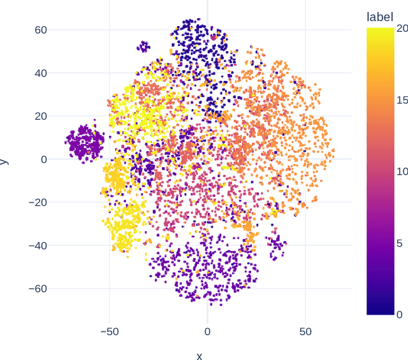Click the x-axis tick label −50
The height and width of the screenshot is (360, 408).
(x=110, y=332)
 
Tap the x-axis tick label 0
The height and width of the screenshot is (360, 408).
(x=207, y=332)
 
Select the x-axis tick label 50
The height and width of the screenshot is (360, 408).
(x=305, y=332)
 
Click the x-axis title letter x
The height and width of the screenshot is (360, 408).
(x=199, y=356)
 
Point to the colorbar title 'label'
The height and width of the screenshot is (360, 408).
(x=379, y=17)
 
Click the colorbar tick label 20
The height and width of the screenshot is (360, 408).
(x=402, y=28)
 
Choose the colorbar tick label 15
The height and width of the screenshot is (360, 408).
(x=402, y=99)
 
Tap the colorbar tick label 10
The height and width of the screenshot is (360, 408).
(x=402, y=171)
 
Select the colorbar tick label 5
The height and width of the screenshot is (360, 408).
(x=399, y=243)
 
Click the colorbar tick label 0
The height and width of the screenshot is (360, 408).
(x=399, y=314)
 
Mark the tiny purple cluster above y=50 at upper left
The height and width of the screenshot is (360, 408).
(x=144, y=46)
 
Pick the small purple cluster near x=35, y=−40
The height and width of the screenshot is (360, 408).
(x=277, y=245)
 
